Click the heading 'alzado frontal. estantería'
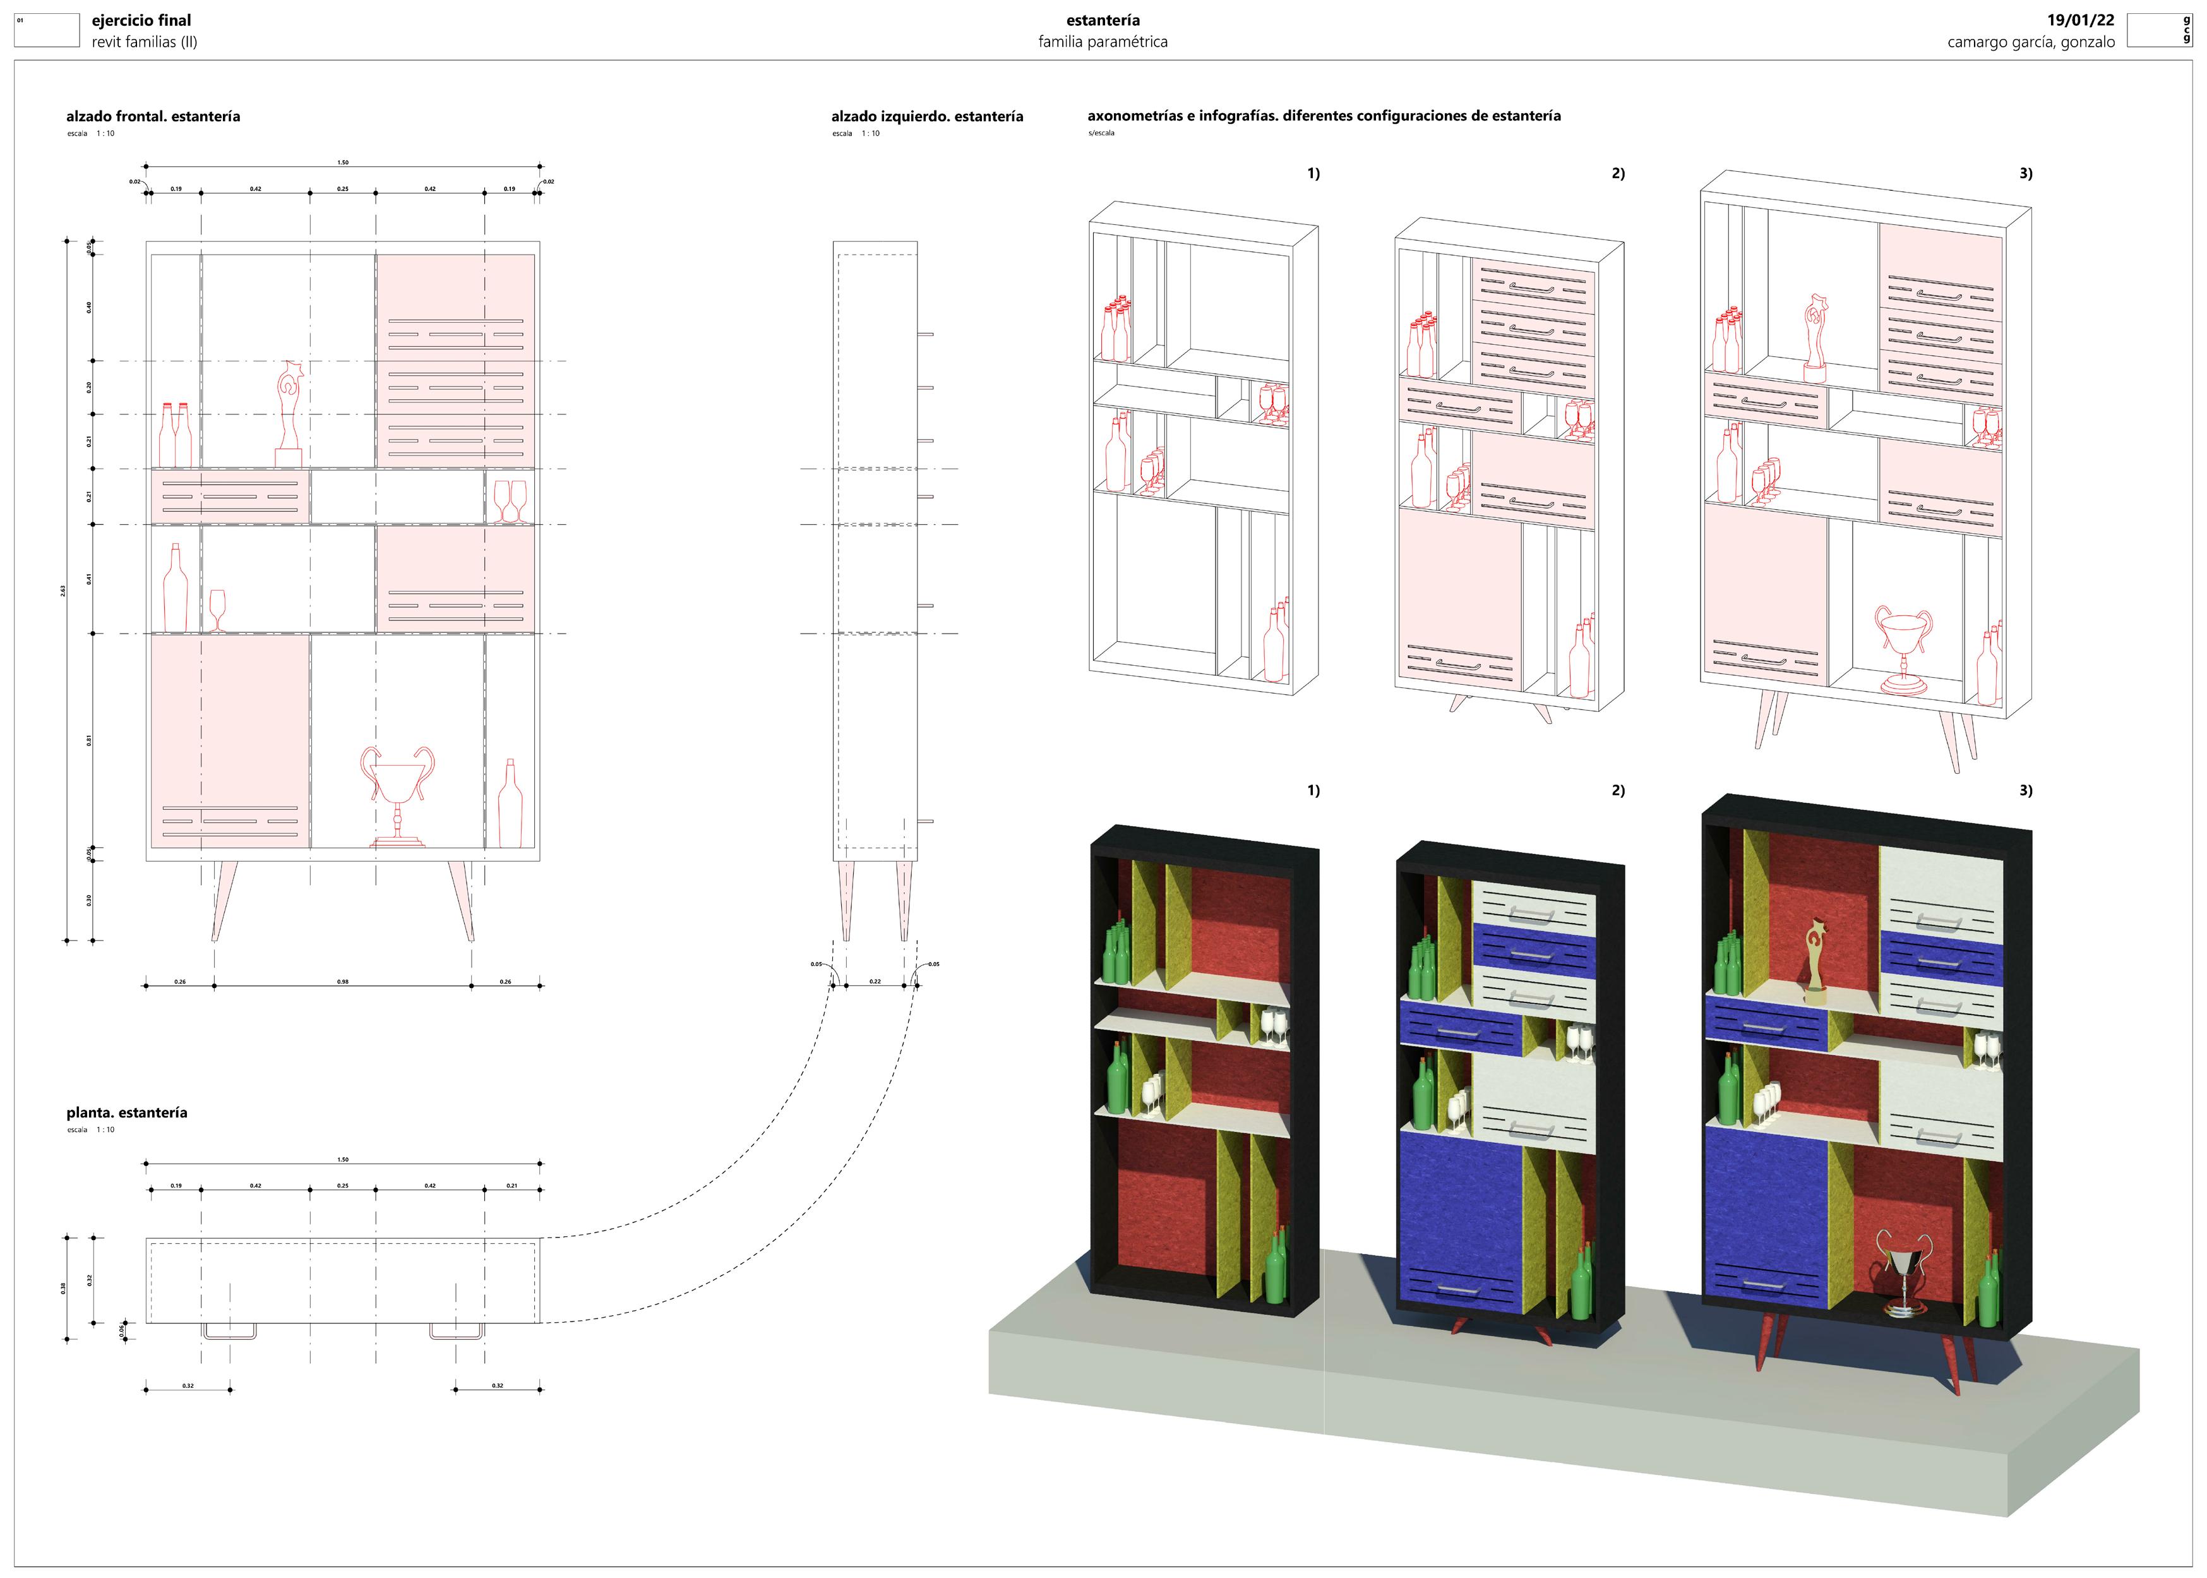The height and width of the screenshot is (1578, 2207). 153,117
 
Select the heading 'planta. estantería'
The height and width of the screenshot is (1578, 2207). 126,1112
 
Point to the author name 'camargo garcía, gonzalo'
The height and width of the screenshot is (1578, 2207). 2030,42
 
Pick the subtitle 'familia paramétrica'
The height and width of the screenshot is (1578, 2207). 1103,42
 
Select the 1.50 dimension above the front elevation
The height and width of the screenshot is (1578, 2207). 343,163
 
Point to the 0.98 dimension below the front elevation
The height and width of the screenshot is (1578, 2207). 343,982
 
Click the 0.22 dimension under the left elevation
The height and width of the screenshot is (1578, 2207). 875,982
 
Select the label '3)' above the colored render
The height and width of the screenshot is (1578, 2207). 2025,790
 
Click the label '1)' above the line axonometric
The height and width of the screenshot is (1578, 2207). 1313,173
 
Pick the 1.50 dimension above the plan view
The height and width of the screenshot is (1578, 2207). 343,1159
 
